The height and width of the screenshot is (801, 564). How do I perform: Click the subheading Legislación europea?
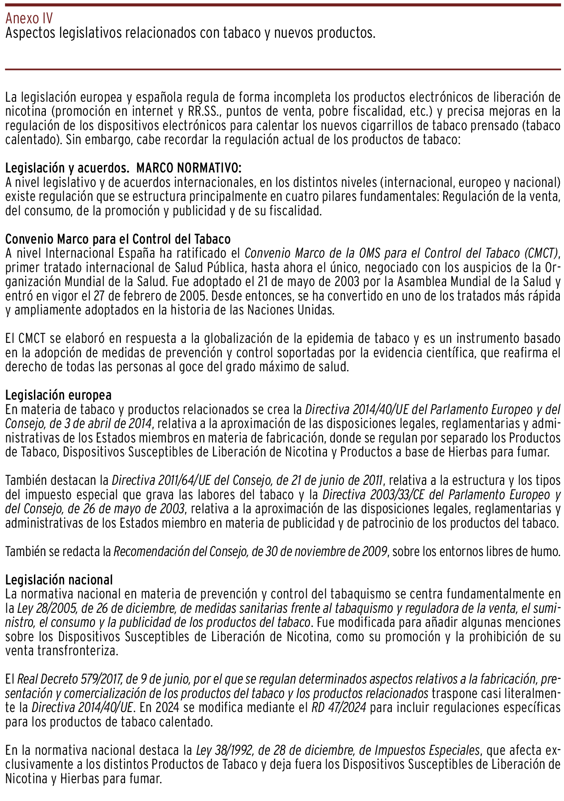(x=58, y=395)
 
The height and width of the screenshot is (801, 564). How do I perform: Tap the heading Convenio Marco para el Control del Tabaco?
(x=118, y=239)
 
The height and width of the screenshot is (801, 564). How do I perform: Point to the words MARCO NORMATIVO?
(x=189, y=168)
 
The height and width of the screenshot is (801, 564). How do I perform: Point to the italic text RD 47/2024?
(x=338, y=708)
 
